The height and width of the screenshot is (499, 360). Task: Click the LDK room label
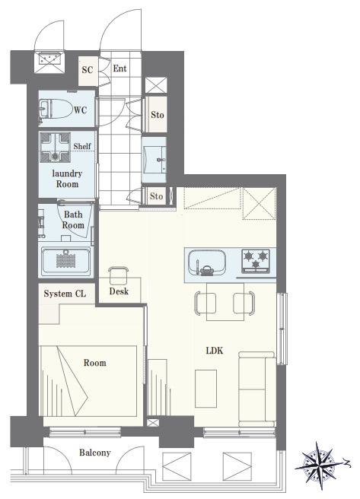coord(215,351)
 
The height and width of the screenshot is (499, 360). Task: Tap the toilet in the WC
coord(56,109)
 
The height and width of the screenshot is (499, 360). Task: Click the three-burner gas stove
coord(256,261)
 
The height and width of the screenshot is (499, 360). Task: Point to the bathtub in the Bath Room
coord(66,261)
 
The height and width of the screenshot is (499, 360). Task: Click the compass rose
coord(320,466)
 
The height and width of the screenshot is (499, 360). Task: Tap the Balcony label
coord(95,453)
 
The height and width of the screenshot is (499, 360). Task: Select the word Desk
coord(119,291)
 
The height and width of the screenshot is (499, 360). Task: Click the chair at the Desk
coord(119,275)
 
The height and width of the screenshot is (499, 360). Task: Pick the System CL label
coord(65,294)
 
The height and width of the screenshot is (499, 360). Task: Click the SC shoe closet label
coord(88,70)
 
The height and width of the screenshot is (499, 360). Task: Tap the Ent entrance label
coord(119,68)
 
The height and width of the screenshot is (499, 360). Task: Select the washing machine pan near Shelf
coord(55,147)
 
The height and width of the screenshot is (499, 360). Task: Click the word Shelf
coord(82,146)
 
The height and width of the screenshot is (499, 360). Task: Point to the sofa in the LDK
coord(256,389)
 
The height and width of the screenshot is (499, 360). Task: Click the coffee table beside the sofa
coord(206,389)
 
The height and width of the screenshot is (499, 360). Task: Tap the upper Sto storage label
coord(158,115)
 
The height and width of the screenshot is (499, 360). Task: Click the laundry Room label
coord(67,179)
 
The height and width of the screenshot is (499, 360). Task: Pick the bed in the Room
coord(88,381)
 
